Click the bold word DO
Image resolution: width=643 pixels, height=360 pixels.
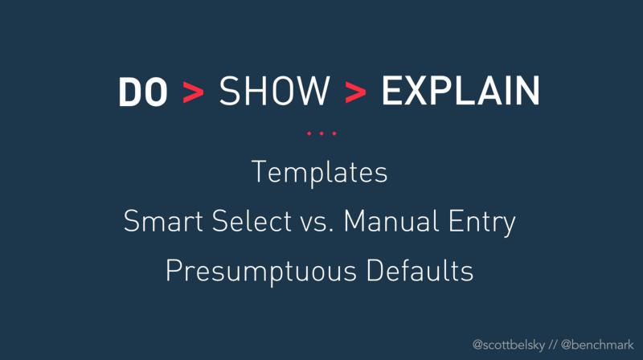coord(143,92)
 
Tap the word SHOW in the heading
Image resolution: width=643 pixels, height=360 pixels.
coord(274,91)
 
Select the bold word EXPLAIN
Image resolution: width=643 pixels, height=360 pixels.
coord(461,91)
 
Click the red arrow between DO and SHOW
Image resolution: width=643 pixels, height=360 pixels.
coord(193,92)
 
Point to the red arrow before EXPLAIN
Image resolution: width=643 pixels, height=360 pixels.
coord(355,92)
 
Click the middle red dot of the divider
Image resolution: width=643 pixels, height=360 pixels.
coord(321,133)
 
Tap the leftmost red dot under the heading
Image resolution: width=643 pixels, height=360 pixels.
coord(309,133)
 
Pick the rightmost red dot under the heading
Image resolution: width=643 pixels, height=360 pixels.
coord(334,133)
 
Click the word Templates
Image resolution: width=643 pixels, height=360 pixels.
coord(319,173)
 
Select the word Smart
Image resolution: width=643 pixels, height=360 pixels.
coord(163,221)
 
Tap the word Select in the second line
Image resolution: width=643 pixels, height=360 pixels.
coord(252,221)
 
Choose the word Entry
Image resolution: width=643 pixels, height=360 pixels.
coord(481,223)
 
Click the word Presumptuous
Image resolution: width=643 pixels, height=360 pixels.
coord(260,272)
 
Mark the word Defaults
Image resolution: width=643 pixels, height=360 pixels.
coord(420,270)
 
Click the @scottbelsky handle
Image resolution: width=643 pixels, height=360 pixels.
coord(509,346)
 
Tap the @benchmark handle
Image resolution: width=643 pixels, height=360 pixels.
coord(597,345)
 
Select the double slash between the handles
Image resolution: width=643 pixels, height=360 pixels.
coord(552,345)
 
